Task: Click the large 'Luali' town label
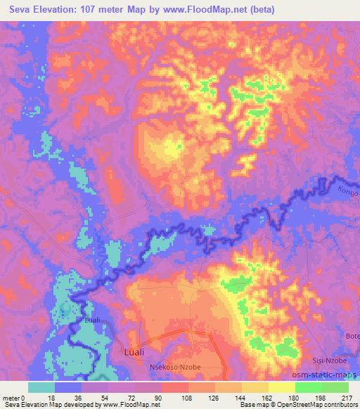(136, 351)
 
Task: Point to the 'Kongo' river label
(349, 190)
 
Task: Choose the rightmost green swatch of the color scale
(335, 387)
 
